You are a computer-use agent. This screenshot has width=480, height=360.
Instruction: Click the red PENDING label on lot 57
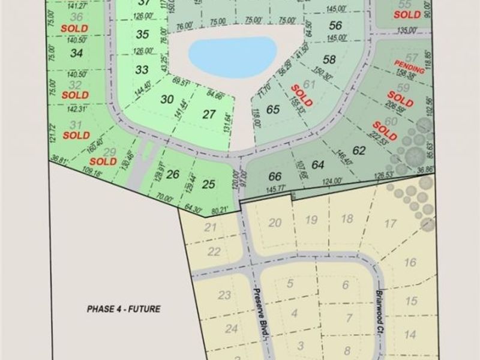[x=409, y=66]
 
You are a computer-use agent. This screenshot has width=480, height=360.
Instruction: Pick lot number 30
[x=167, y=100]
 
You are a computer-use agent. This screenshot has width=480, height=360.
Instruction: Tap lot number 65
[x=273, y=109]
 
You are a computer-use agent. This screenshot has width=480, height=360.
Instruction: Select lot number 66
[x=275, y=176]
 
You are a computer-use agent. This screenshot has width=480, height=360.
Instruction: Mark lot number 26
[x=173, y=175]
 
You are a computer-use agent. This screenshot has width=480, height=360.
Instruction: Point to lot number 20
[x=275, y=223]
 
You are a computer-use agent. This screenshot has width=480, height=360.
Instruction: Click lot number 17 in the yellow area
[x=391, y=224]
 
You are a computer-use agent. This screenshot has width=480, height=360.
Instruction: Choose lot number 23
[x=224, y=295]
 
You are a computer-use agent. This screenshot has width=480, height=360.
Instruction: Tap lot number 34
[x=76, y=53]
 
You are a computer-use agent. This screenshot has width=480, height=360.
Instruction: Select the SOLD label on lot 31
[x=76, y=135]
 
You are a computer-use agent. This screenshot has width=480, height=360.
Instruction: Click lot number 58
[x=329, y=59]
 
